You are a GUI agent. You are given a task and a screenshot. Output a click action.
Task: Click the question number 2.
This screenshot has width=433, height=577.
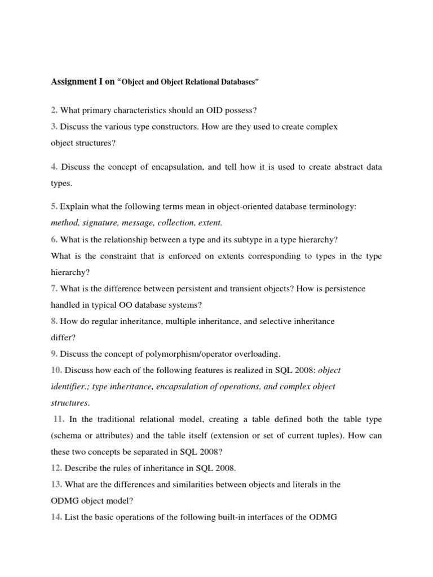pos(54,109)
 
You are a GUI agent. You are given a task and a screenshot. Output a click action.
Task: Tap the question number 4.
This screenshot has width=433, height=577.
pos(54,167)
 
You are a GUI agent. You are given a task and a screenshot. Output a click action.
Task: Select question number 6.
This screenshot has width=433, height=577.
pos(54,239)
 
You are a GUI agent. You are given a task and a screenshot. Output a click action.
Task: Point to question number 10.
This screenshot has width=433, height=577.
pos(56,370)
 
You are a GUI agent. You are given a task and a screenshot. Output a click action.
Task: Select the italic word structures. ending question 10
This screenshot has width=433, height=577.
pos(70,403)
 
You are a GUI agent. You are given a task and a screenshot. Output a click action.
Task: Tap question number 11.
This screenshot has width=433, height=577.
pos(59,420)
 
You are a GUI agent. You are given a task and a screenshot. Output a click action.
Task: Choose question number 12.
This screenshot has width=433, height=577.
pos(56,468)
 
